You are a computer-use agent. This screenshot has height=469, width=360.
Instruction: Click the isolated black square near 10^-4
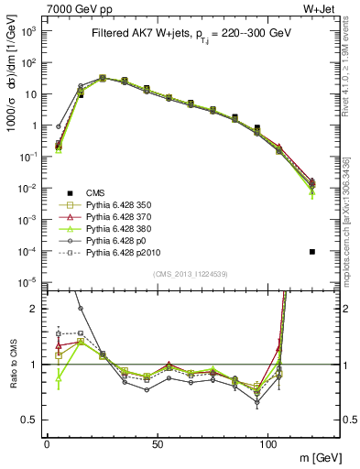312,251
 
